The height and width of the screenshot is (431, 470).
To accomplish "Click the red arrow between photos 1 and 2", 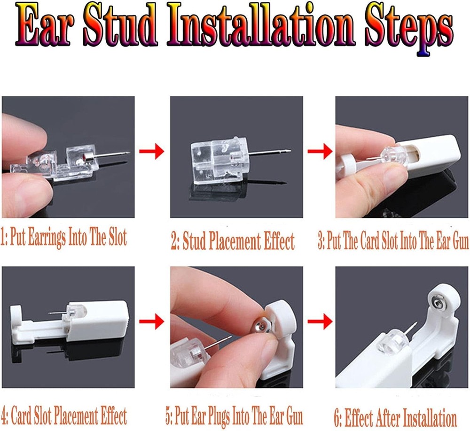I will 152,151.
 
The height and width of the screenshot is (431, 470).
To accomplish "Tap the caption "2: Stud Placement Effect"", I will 233,241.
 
